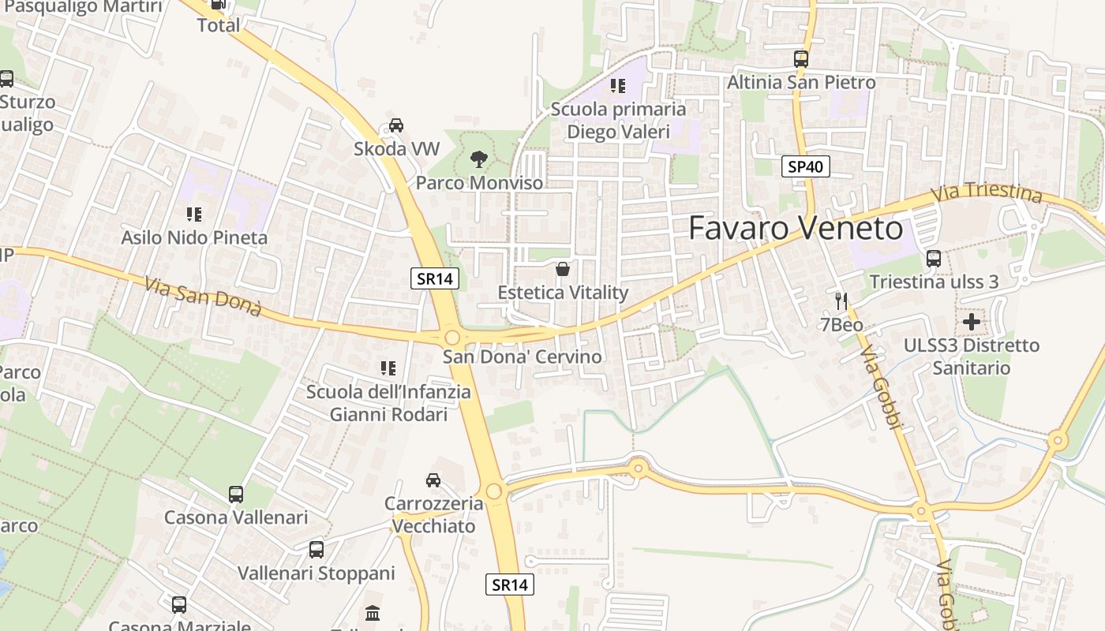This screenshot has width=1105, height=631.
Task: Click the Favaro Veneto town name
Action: click(796, 229)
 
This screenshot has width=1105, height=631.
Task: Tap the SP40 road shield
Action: click(806, 166)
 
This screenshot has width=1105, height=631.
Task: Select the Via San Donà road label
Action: click(204, 295)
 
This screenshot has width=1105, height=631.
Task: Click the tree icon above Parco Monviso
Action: click(478, 160)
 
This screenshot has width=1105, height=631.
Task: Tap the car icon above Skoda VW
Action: click(396, 125)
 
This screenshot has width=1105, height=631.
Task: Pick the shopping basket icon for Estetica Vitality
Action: click(563, 269)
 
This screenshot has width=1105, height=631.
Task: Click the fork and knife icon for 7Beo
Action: click(841, 301)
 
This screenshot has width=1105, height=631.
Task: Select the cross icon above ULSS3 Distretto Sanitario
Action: click(972, 322)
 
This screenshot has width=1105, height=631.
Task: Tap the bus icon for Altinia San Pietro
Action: click(801, 59)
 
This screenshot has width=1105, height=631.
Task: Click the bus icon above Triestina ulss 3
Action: click(934, 258)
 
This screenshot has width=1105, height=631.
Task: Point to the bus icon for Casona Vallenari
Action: click(236, 495)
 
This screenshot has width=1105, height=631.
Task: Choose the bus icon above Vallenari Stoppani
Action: click(317, 550)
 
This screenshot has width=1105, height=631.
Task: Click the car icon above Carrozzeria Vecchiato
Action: click(433, 480)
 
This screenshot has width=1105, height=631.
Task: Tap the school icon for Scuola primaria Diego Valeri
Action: click(618, 85)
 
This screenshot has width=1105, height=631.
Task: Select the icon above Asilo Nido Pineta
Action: click(194, 214)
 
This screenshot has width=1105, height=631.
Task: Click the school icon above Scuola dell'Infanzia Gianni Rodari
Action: click(388, 368)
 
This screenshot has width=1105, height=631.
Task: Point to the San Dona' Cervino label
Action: click(522, 357)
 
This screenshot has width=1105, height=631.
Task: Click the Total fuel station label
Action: click(219, 24)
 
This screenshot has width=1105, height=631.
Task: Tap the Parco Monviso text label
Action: click(480, 183)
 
